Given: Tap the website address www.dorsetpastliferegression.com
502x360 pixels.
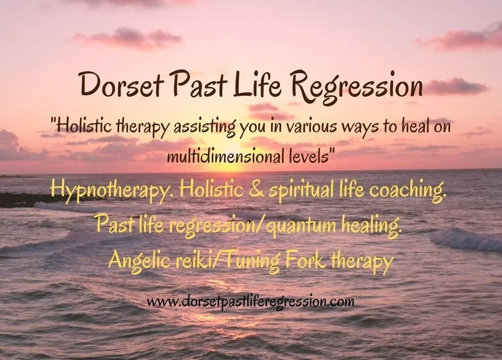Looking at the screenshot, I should pyautogui.click(x=250, y=301).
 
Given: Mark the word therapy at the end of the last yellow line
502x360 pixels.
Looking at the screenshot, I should pyautogui.click(x=361, y=261).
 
